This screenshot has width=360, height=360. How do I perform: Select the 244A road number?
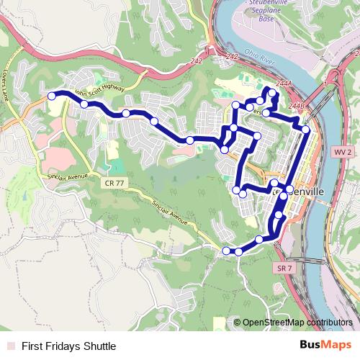pos(286,84)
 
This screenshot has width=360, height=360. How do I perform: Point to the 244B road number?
pos(296,105)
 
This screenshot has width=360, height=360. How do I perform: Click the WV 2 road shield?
pos(343,153)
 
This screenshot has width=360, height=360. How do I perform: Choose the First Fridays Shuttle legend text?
pos(68,346)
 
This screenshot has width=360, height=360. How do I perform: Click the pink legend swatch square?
pos(9,346)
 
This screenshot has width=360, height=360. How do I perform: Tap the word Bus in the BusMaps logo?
pos(310,345)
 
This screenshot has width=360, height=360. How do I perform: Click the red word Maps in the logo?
pos(337,345)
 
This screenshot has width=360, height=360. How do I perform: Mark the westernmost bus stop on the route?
pos(52,96)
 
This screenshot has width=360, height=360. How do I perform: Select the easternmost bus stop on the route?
pos(305,130)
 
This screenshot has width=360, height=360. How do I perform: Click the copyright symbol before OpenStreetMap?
pos(238,323)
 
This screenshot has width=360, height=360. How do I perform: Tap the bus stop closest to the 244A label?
pos(271,91)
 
